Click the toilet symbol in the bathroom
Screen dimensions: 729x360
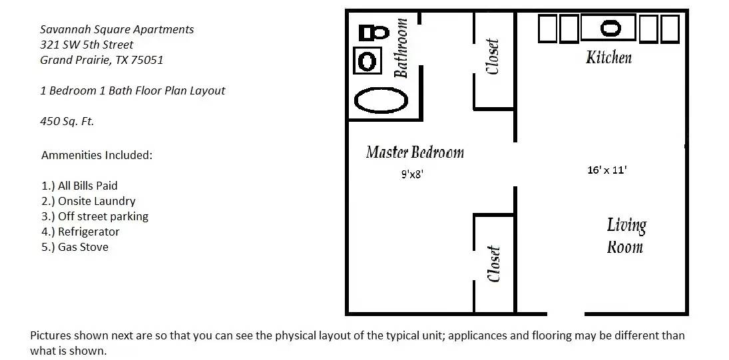[374, 33]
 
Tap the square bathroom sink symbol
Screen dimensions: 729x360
[367, 61]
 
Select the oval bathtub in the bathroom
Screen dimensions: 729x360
[381, 100]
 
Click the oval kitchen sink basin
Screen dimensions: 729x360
[610, 28]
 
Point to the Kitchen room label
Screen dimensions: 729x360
[608, 58]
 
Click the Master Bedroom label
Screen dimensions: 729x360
[415, 152]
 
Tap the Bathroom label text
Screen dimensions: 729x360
[401, 48]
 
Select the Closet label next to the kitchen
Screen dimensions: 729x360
[493, 56]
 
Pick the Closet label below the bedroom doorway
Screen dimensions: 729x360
[494, 264]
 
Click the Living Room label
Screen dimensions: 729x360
[626, 236]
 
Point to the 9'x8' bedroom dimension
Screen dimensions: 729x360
[413, 174]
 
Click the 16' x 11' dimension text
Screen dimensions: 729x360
[607, 170]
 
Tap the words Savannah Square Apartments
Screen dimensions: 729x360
[117, 30]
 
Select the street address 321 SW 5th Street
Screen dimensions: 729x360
[87, 45]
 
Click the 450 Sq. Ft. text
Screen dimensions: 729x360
[67, 121]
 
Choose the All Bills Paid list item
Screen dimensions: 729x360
[79, 186]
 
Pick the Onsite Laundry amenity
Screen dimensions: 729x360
[89, 201]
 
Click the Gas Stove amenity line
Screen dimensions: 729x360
[75, 247]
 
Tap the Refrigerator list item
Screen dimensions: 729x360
[81, 232]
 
